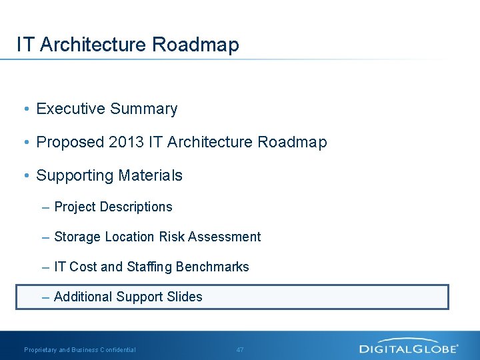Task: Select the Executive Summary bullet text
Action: (x=107, y=109)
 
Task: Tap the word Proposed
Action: (x=70, y=142)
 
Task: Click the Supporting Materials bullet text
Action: (x=109, y=175)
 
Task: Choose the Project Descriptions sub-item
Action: (x=113, y=207)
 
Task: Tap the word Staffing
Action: (x=147, y=267)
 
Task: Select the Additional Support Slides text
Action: (x=128, y=297)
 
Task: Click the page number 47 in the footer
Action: (x=241, y=350)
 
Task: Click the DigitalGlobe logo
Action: (x=408, y=347)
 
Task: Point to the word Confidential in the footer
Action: (x=117, y=350)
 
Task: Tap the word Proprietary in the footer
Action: (x=41, y=350)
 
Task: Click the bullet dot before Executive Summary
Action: (x=25, y=109)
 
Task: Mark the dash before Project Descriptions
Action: (x=45, y=207)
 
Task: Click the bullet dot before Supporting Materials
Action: (x=25, y=176)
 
